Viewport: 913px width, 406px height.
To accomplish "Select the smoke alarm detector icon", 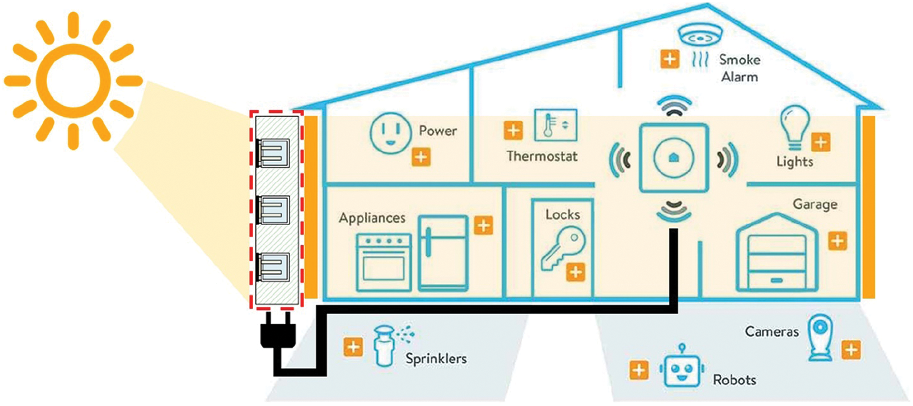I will pos(700,35).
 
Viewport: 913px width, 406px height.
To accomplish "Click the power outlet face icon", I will pos(390,133).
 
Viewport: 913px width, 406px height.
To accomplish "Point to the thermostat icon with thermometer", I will pos(555,125).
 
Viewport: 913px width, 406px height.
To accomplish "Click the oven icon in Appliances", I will pos(383,262).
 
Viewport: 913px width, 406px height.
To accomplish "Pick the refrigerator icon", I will pos(443,253).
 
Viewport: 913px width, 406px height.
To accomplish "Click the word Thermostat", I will pos(542,156).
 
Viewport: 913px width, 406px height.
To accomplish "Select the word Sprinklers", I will pos(436,359).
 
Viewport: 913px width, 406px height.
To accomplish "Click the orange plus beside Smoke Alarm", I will pos(669,59).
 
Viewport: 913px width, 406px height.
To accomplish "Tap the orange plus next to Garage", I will pos(838,241).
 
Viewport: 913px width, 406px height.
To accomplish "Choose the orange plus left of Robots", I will pos(639,370).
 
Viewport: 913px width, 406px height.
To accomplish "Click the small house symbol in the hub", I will pos(674,158).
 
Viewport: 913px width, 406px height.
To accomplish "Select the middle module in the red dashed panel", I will pos(274,210).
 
